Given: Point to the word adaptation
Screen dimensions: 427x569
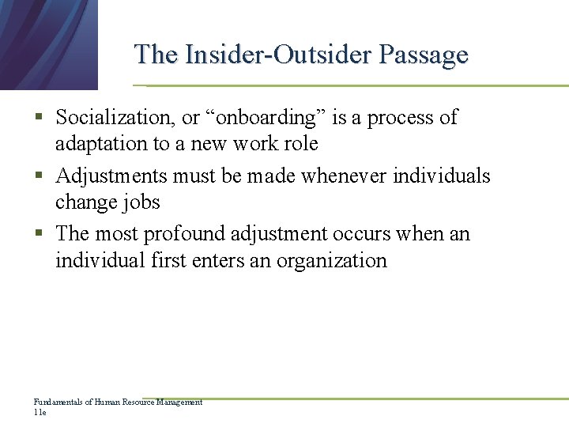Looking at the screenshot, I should click(x=101, y=144).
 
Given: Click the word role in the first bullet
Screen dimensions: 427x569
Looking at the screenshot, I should click(x=300, y=144).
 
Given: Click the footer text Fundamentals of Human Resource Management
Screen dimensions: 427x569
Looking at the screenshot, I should click(x=118, y=402).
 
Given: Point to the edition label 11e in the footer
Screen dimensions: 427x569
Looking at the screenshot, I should click(x=40, y=412).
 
